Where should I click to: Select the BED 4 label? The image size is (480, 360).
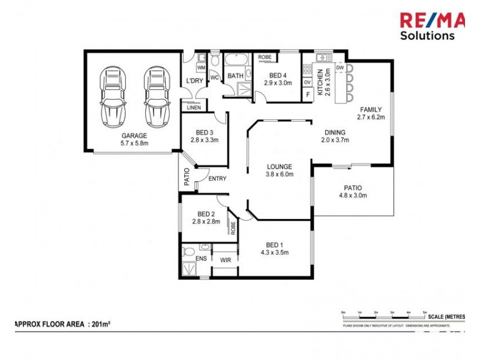coord(278,75)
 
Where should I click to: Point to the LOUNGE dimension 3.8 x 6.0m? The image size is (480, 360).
coord(279,175)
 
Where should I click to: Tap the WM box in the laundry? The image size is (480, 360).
coord(201,68)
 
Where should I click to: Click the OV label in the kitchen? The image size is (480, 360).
coord(307,82)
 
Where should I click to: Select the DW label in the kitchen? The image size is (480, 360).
coord(340,68)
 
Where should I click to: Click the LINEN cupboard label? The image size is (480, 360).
coord(193,107)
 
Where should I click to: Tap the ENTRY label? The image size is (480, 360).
coord(217,178)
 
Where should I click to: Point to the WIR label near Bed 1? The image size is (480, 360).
coord(225,260)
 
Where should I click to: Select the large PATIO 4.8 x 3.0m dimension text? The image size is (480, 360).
coord(353,195)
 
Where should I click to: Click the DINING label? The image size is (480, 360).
coord(335,133)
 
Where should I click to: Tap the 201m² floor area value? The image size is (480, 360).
coord(100,324)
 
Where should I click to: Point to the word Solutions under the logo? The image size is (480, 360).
coord(427,35)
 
